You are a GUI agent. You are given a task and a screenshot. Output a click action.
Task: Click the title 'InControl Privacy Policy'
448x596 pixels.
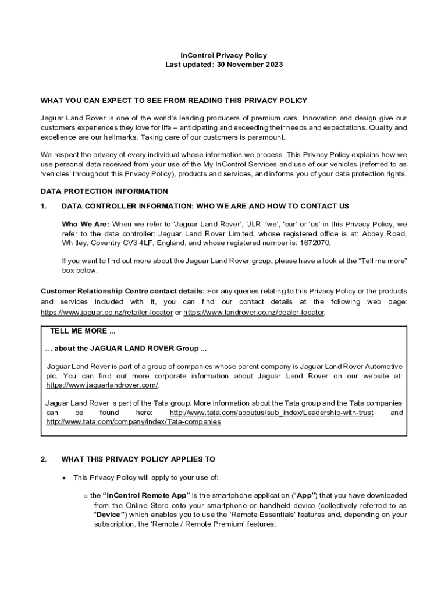pyautogui.click(x=224, y=55)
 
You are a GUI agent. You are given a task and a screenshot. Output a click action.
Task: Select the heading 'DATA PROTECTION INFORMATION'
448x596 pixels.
pyautogui.click(x=104, y=191)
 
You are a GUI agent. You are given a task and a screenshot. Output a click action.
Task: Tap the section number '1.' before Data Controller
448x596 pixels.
pyautogui.click(x=44, y=206)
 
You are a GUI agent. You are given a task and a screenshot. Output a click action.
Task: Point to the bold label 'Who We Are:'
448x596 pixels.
pyautogui.click(x=86, y=224)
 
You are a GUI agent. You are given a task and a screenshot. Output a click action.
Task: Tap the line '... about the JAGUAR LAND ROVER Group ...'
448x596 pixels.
pyautogui.click(x=126, y=349)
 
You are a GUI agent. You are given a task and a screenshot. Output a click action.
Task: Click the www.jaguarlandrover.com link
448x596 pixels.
pyautogui.click(x=102, y=385)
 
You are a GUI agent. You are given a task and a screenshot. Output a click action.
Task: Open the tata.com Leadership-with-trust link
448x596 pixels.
pyautogui.click(x=271, y=413)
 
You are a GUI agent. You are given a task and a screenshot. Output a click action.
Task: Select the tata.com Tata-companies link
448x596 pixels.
pyautogui.click(x=133, y=421)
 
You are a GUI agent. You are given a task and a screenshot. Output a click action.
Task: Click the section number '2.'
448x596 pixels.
pyautogui.click(x=44, y=459)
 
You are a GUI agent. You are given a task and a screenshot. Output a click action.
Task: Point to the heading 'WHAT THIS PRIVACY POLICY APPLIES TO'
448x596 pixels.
pyautogui.click(x=138, y=459)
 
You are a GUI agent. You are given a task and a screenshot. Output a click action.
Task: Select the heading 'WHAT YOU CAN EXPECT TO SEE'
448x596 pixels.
pyautogui.click(x=174, y=101)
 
